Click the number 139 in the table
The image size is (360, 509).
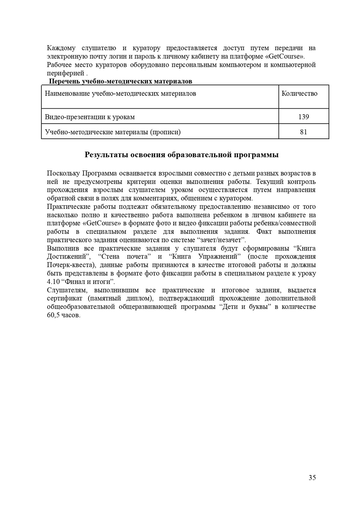(x=304, y=117)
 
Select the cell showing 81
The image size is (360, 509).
(x=304, y=132)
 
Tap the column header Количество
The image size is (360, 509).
(x=299, y=94)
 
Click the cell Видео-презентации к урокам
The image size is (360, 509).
(x=90, y=117)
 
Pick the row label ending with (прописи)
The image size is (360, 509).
(x=113, y=132)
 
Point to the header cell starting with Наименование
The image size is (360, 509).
(x=120, y=94)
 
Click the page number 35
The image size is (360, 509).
(x=312, y=478)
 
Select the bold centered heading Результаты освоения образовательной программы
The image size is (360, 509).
(x=181, y=155)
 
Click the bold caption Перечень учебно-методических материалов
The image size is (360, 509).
(x=121, y=81)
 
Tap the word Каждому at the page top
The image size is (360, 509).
(x=61, y=48)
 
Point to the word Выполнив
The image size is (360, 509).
(x=61, y=248)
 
